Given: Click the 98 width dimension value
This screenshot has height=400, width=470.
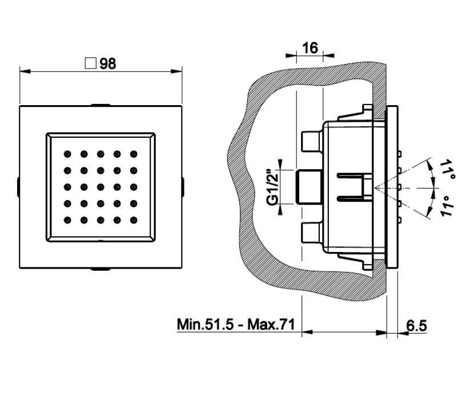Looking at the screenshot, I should click(x=108, y=63).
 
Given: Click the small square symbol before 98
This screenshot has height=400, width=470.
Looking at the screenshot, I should click(x=90, y=63).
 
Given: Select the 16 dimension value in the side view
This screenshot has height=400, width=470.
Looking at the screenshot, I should click(x=310, y=48).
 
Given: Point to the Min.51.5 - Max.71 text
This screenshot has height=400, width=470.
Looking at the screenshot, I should click(x=235, y=325).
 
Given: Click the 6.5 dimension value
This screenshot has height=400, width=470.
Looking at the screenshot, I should click(x=417, y=326).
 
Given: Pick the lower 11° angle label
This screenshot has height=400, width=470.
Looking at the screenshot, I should click(x=447, y=206).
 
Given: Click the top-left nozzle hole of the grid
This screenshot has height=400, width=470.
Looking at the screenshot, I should click(x=67, y=153).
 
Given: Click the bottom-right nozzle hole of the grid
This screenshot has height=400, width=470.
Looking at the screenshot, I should click(x=134, y=220).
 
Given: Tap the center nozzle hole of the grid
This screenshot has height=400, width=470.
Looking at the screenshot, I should click(x=101, y=187).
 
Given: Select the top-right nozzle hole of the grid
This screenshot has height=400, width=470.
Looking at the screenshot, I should click(x=134, y=153).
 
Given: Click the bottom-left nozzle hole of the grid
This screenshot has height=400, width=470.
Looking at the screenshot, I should click(x=67, y=220).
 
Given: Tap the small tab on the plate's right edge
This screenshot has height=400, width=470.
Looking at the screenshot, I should click(x=183, y=186).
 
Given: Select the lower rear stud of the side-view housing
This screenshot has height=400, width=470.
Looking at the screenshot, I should click(x=311, y=234).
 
